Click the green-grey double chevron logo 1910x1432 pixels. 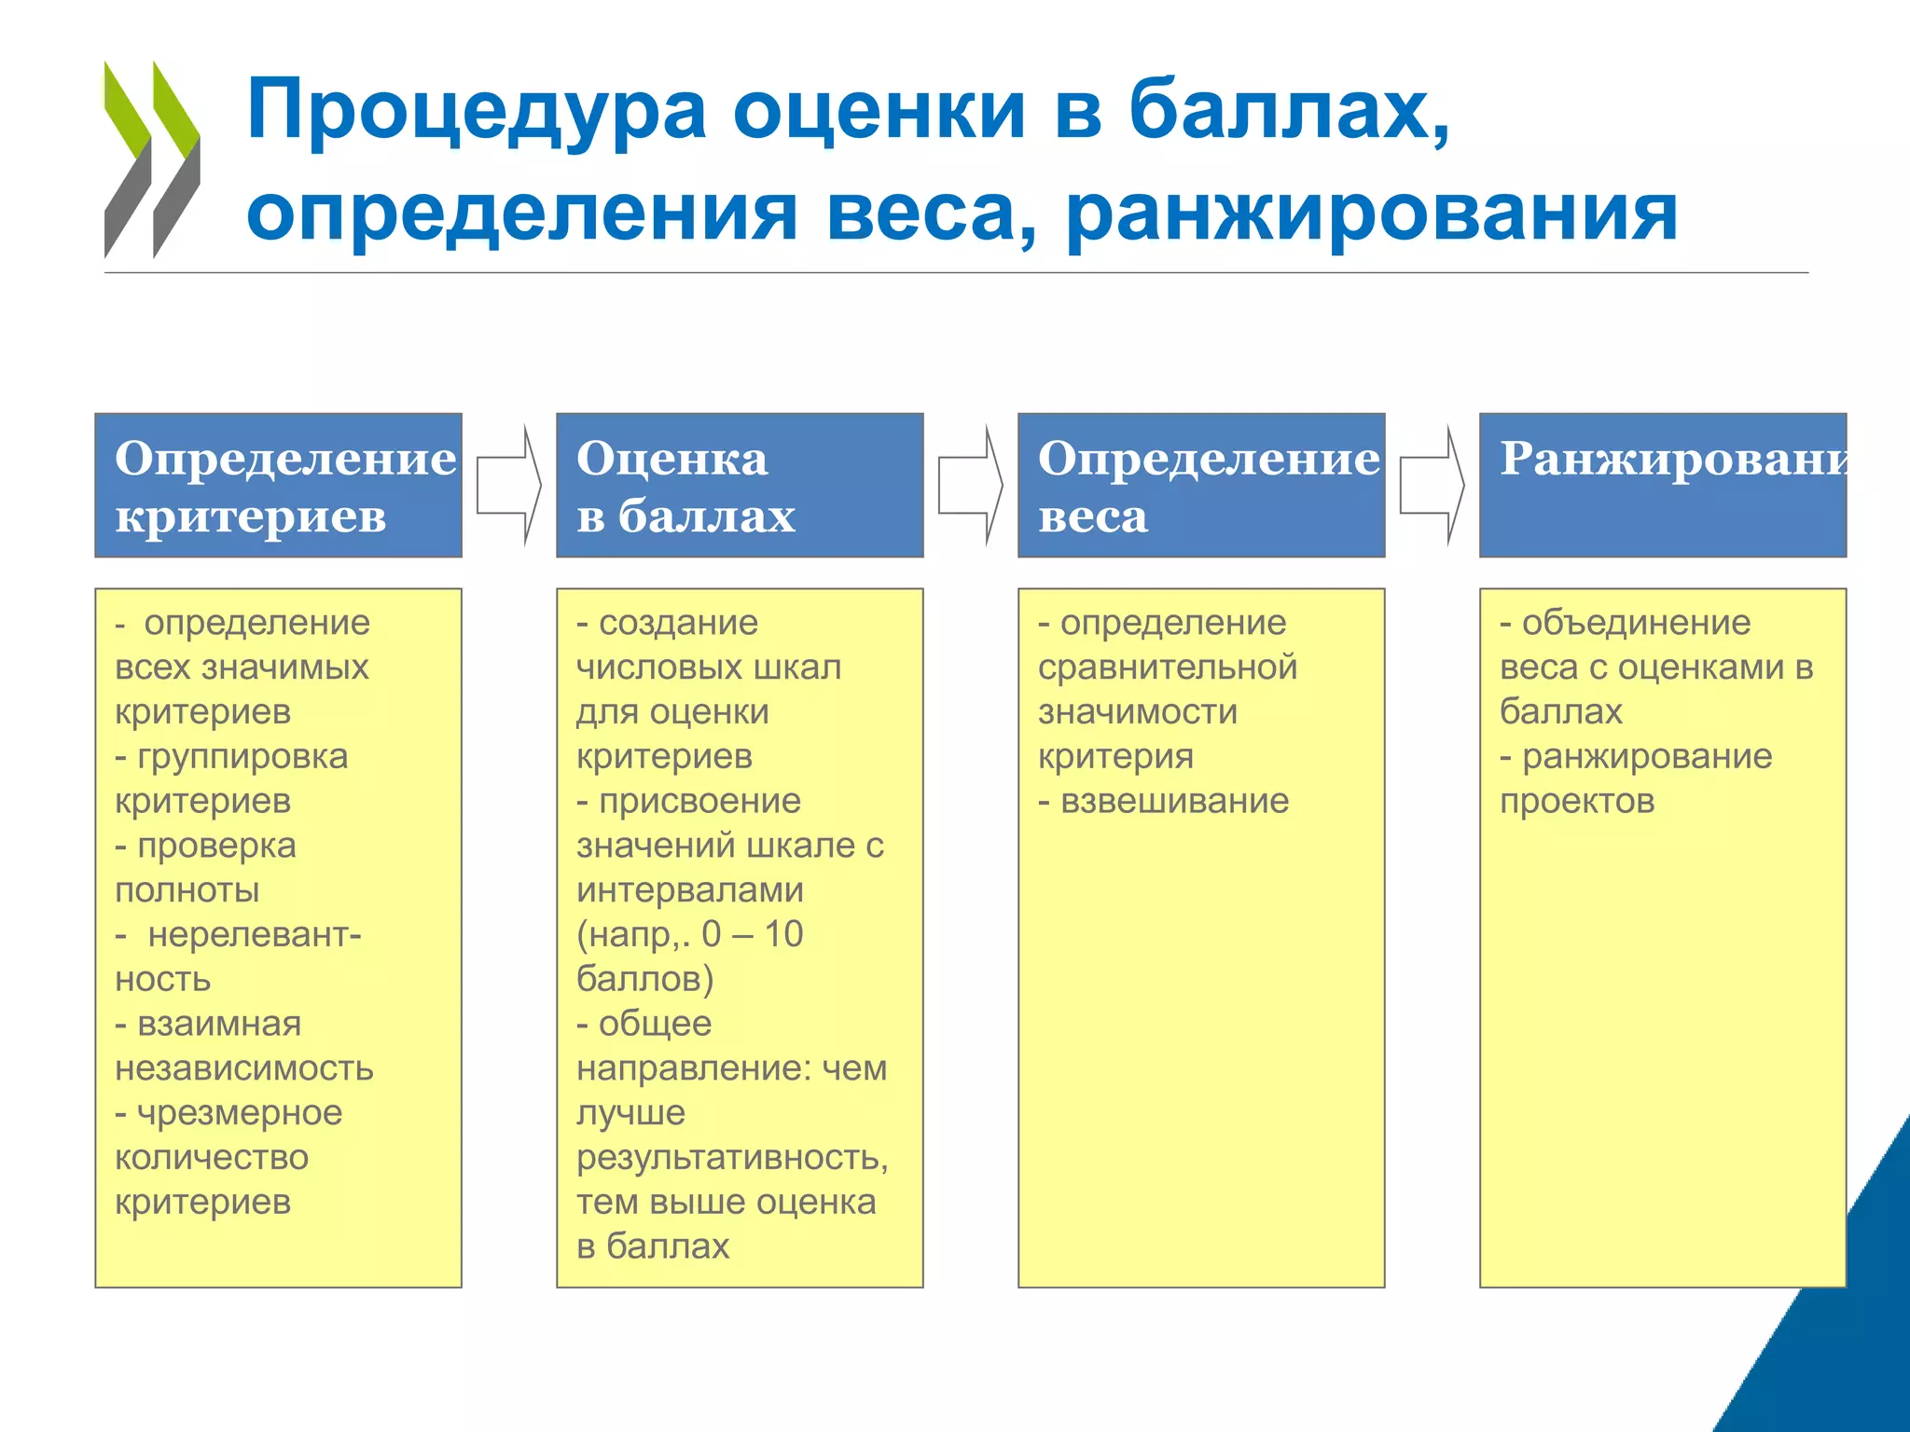click(x=151, y=159)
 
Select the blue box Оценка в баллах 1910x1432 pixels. click(x=740, y=485)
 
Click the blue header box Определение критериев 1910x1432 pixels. click(x=278, y=485)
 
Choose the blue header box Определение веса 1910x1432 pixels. click(x=1201, y=485)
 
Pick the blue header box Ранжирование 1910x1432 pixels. click(x=1663, y=485)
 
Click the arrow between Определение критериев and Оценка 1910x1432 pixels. click(x=509, y=485)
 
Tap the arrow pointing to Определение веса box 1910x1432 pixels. click(x=971, y=485)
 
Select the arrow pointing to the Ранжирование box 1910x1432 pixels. click(x=1432, y=485)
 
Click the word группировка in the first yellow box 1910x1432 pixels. click(x=242, y=756)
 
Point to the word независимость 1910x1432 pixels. click(x=244, y=1068)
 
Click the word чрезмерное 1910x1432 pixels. click(x=240, y=1113)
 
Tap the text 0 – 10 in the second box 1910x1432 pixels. click(x=752, y=934)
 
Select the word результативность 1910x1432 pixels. click(x=732, y=1158)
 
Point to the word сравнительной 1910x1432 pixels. click(x=1168, y=668)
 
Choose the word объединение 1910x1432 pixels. click(x=1636, y=623)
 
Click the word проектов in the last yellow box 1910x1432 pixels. click(x=1577, y=801)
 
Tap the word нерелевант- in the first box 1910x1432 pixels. click(x=254, y=935)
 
